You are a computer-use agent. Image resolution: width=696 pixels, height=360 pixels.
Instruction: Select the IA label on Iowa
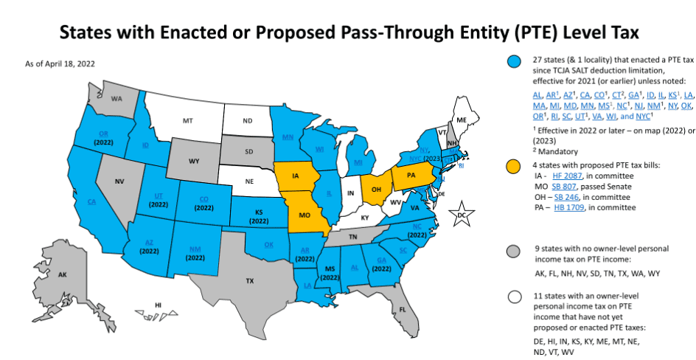click(296, 176)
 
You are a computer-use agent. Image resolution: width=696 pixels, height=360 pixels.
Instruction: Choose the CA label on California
click(91, 201)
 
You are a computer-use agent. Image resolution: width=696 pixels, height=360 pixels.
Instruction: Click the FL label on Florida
click(403, 310)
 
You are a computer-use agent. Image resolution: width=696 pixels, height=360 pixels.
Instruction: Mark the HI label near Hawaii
click(157, 305)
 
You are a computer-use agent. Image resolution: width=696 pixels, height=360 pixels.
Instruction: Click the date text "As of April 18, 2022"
click(60, 64)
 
